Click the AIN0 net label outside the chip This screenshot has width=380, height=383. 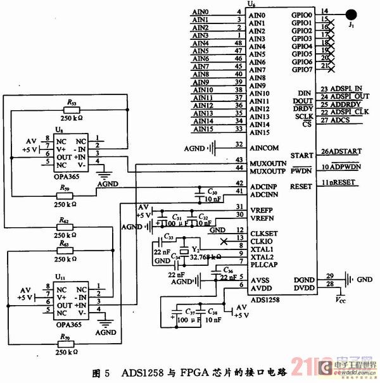pos(200,12)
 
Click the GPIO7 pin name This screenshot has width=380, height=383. pos(301,70)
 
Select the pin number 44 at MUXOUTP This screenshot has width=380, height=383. pos(239,168)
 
